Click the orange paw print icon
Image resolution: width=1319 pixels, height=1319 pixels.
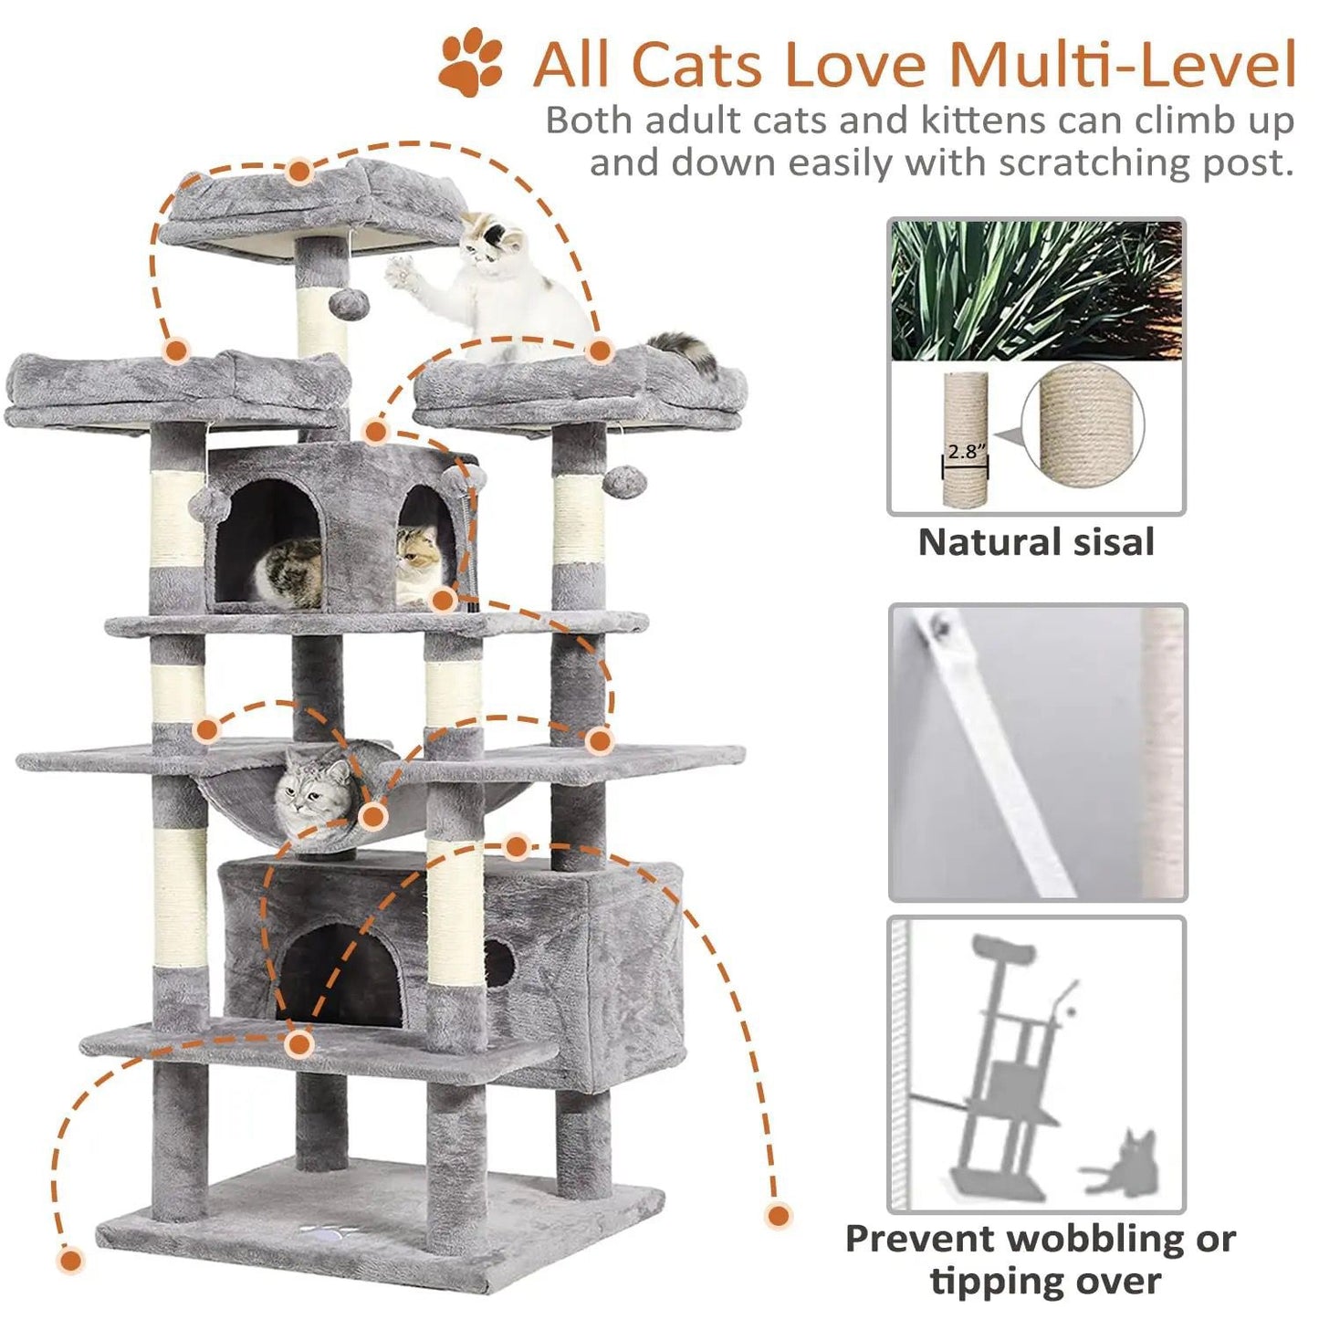click(471, 61)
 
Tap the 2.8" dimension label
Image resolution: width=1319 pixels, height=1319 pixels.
click(967, 452)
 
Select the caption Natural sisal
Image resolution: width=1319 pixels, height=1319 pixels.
click(1036, 542)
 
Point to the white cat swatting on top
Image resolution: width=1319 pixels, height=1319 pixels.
click(489, 288)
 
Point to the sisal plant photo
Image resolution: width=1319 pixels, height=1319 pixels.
click(1036, 291)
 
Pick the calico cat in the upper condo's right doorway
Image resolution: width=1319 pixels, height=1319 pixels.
click(418, 563)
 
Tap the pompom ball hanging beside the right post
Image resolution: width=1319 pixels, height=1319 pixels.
click(624, 482)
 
